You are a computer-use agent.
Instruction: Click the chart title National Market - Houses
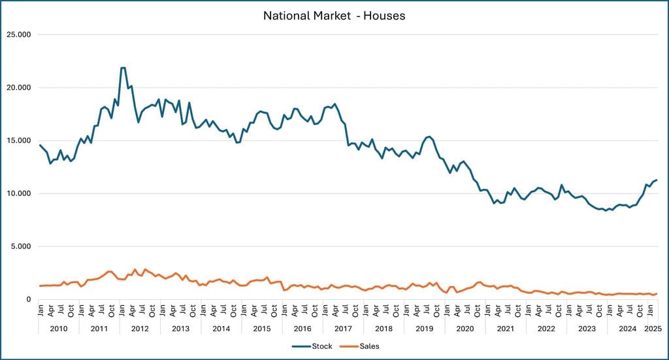pos(334,15)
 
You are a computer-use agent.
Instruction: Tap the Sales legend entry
pos(368,346)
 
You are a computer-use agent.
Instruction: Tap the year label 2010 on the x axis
pos(59,329)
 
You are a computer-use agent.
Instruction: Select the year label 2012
pos(140,329)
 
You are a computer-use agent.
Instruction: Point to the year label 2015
pos(262,329)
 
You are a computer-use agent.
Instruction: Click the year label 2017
pos(343,329)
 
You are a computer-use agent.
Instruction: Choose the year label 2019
pos(425,329)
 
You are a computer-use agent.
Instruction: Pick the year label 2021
pos(506,329)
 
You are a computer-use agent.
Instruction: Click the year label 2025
pos(652,329)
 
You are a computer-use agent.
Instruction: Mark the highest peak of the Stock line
pos(123,67)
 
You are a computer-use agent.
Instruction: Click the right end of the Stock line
pos(657,180)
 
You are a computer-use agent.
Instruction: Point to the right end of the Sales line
pos(657,293)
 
